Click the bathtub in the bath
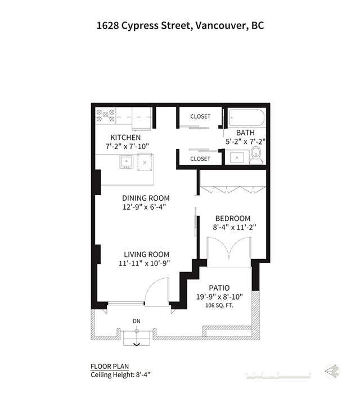[246, 118]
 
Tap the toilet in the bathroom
[256, 155]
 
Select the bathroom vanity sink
[237, 157]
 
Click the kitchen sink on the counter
[127, 162]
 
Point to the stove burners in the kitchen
[106, 115]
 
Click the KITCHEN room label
[125, 137]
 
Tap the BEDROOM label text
[233, 218]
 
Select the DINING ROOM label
[146, 198]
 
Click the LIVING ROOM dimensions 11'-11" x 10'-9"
[145, 263]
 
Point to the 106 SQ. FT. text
[219, 305]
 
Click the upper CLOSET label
[200, 116]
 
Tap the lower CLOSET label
[200, 159]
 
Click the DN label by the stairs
[137, 321]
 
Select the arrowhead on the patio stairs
[137, 345]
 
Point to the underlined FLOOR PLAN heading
[110, 367]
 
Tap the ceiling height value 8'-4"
[143, 374]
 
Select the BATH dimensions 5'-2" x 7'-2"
[245, 142]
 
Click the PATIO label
[219, 288]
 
